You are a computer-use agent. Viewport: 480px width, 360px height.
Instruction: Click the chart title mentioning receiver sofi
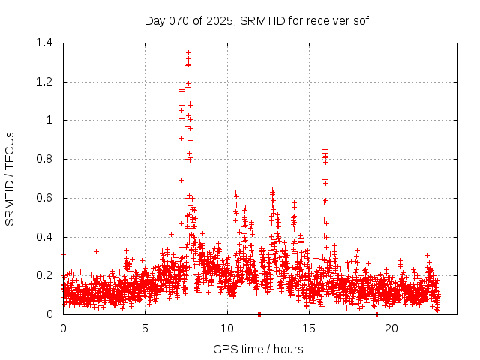257,20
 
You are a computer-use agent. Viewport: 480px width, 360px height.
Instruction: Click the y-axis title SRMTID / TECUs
10,178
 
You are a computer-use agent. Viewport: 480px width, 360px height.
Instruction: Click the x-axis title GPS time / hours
258,349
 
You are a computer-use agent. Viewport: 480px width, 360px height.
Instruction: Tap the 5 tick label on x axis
145,328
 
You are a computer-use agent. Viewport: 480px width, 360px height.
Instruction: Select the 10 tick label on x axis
227,328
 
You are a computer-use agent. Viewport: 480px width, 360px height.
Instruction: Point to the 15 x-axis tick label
309,328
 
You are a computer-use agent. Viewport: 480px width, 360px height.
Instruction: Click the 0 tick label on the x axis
64,328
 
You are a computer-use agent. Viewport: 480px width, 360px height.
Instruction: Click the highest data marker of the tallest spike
188,52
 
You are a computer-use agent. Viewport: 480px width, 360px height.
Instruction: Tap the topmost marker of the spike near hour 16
325,150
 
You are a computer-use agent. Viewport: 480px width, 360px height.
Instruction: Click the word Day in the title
154,20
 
